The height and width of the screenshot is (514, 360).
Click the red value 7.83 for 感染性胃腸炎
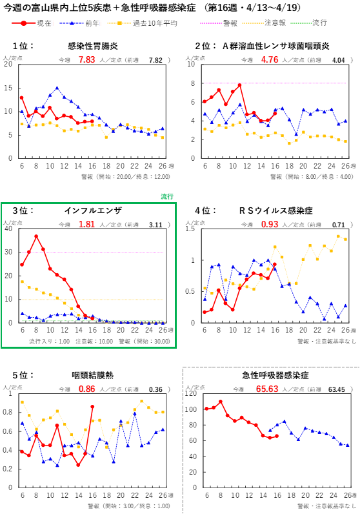point(86,59)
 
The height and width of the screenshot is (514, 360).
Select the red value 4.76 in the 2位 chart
point(270,59)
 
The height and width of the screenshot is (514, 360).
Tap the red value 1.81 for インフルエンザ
point(86,224)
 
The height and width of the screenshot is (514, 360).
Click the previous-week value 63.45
point(337,389)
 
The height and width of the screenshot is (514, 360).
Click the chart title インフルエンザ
point(93,211)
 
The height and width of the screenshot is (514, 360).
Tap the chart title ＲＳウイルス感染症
point(275,211)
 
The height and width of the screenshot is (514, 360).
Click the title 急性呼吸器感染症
point(275,375)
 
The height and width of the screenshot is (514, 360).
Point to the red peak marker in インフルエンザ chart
point(36,236)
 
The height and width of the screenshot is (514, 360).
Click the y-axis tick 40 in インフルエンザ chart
point(8,229)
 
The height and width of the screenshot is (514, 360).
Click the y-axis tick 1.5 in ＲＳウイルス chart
point(191,229)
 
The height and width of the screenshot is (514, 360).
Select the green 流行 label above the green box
point(167,196)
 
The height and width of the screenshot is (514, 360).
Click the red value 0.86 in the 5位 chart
point(86,389)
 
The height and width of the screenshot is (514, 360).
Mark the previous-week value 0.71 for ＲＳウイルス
point(339,224)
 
